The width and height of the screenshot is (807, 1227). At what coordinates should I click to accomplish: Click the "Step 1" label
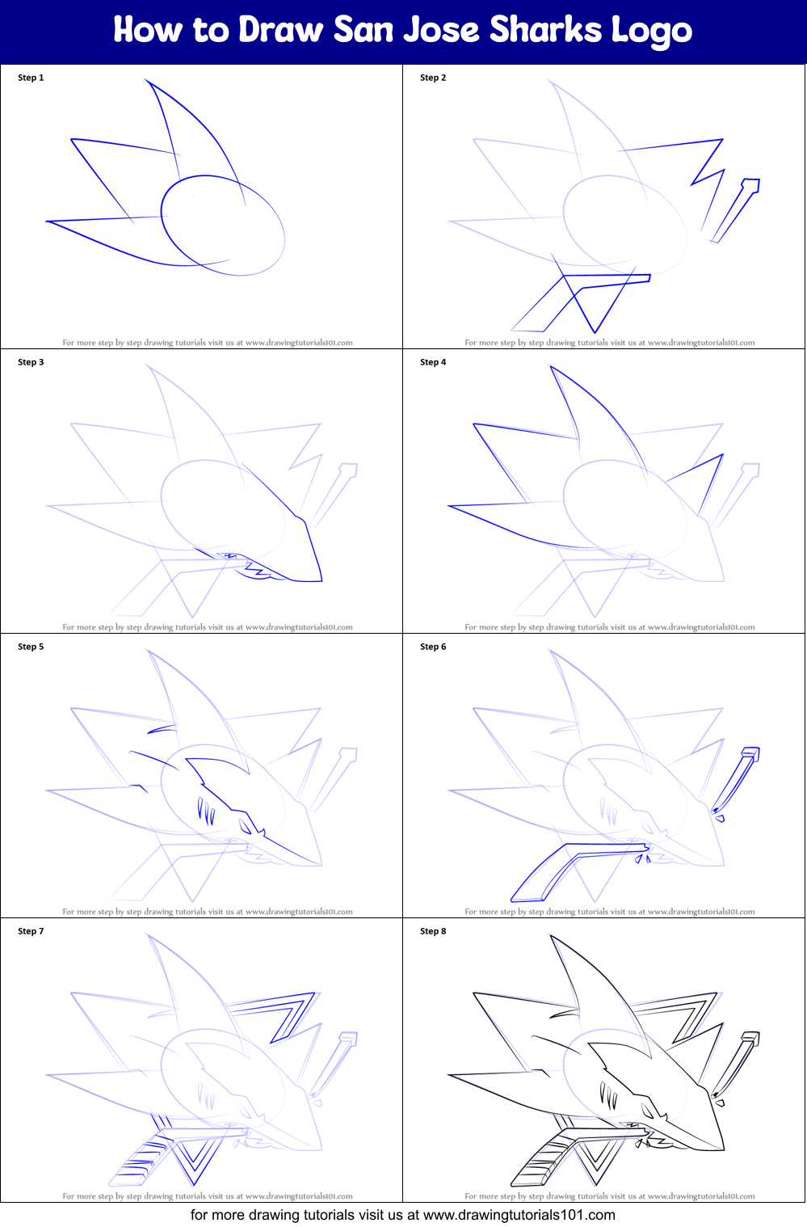(31, 78)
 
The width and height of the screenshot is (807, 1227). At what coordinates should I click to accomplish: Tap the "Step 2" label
(433, 78)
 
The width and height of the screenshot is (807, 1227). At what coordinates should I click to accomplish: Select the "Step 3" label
(31, 362)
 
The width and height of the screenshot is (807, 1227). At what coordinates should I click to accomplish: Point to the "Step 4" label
(433, 362)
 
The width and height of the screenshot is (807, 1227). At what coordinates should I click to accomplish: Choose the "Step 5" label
(31, 647)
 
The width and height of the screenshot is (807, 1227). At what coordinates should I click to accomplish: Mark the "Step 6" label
(433, 647)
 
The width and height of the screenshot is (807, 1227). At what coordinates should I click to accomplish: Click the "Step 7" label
(31, 931)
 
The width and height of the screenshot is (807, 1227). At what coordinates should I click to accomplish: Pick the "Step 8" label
(433, 931)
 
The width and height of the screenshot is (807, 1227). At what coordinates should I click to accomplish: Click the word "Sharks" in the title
(546, 30)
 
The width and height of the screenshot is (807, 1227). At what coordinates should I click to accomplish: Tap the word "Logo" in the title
(651, 32)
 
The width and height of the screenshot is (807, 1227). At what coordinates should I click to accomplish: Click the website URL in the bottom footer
(519, 1215)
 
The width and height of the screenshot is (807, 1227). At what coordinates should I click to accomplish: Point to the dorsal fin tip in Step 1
(146, 80)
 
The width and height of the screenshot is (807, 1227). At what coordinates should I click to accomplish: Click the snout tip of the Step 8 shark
(723, 1149)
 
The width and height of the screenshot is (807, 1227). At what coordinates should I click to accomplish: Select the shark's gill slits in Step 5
(207, 811)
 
